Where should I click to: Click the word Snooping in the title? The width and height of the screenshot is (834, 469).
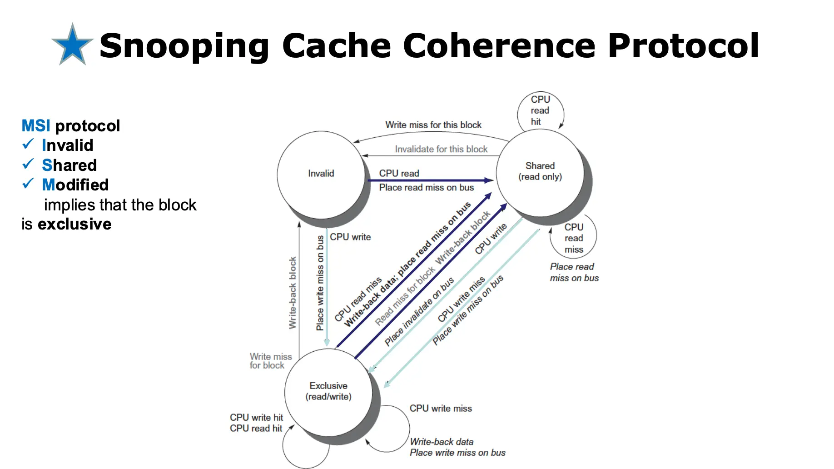tap(184, 46)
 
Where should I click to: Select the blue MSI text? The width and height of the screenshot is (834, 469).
tap(36, 126)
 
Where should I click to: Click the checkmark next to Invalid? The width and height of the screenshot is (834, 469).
tap(28, 145)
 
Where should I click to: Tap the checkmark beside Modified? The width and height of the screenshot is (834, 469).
tap(28, 184)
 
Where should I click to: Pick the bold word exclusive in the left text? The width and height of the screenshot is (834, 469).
tap(74, 224)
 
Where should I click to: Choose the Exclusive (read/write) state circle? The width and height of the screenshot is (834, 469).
tap(328, 391)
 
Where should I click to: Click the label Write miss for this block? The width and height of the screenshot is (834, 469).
tap(433, 125)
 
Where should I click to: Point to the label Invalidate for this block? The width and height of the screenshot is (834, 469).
tap(441, 149)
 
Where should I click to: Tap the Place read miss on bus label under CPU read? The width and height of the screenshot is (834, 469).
tap(426, 188)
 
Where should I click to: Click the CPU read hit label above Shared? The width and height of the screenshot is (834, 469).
tap(540, 110)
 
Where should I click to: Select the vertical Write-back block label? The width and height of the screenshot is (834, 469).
tap(293, 293)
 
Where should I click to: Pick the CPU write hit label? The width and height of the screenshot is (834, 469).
tap(256, 417)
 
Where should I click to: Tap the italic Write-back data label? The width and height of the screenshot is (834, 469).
tap(441, 442)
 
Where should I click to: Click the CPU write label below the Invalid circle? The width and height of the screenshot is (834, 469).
tap(350, 237)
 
